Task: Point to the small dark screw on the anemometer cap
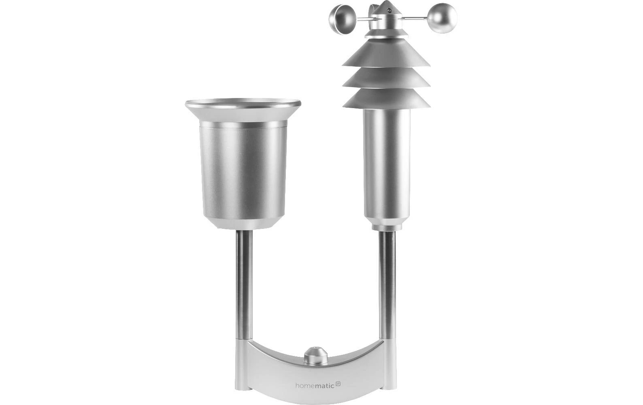[390, 11]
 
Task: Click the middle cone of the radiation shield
[386, 77]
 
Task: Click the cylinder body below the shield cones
[386, 164]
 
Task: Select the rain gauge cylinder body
[243, 172]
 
